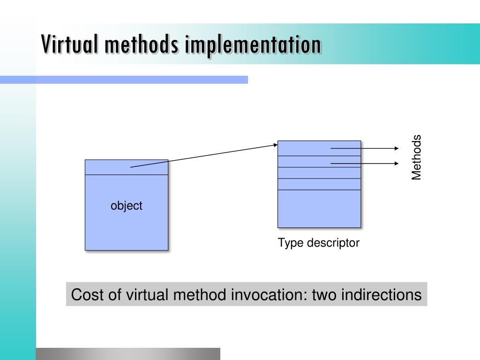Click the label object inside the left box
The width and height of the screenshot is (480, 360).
click(x=127, y=206)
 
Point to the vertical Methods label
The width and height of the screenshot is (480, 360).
click(x=417, y=157)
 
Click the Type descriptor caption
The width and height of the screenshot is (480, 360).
click(x=318, y=243)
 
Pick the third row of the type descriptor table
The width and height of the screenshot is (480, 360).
click(x=319, y=173)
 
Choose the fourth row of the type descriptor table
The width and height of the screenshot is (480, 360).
click(x=319, y=184)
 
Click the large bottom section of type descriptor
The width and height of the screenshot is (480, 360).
click(x=319, y=209)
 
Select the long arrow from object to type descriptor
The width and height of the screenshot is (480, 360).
click(x=204, y=156)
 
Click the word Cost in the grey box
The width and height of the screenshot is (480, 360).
click(x=84, y=295)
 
